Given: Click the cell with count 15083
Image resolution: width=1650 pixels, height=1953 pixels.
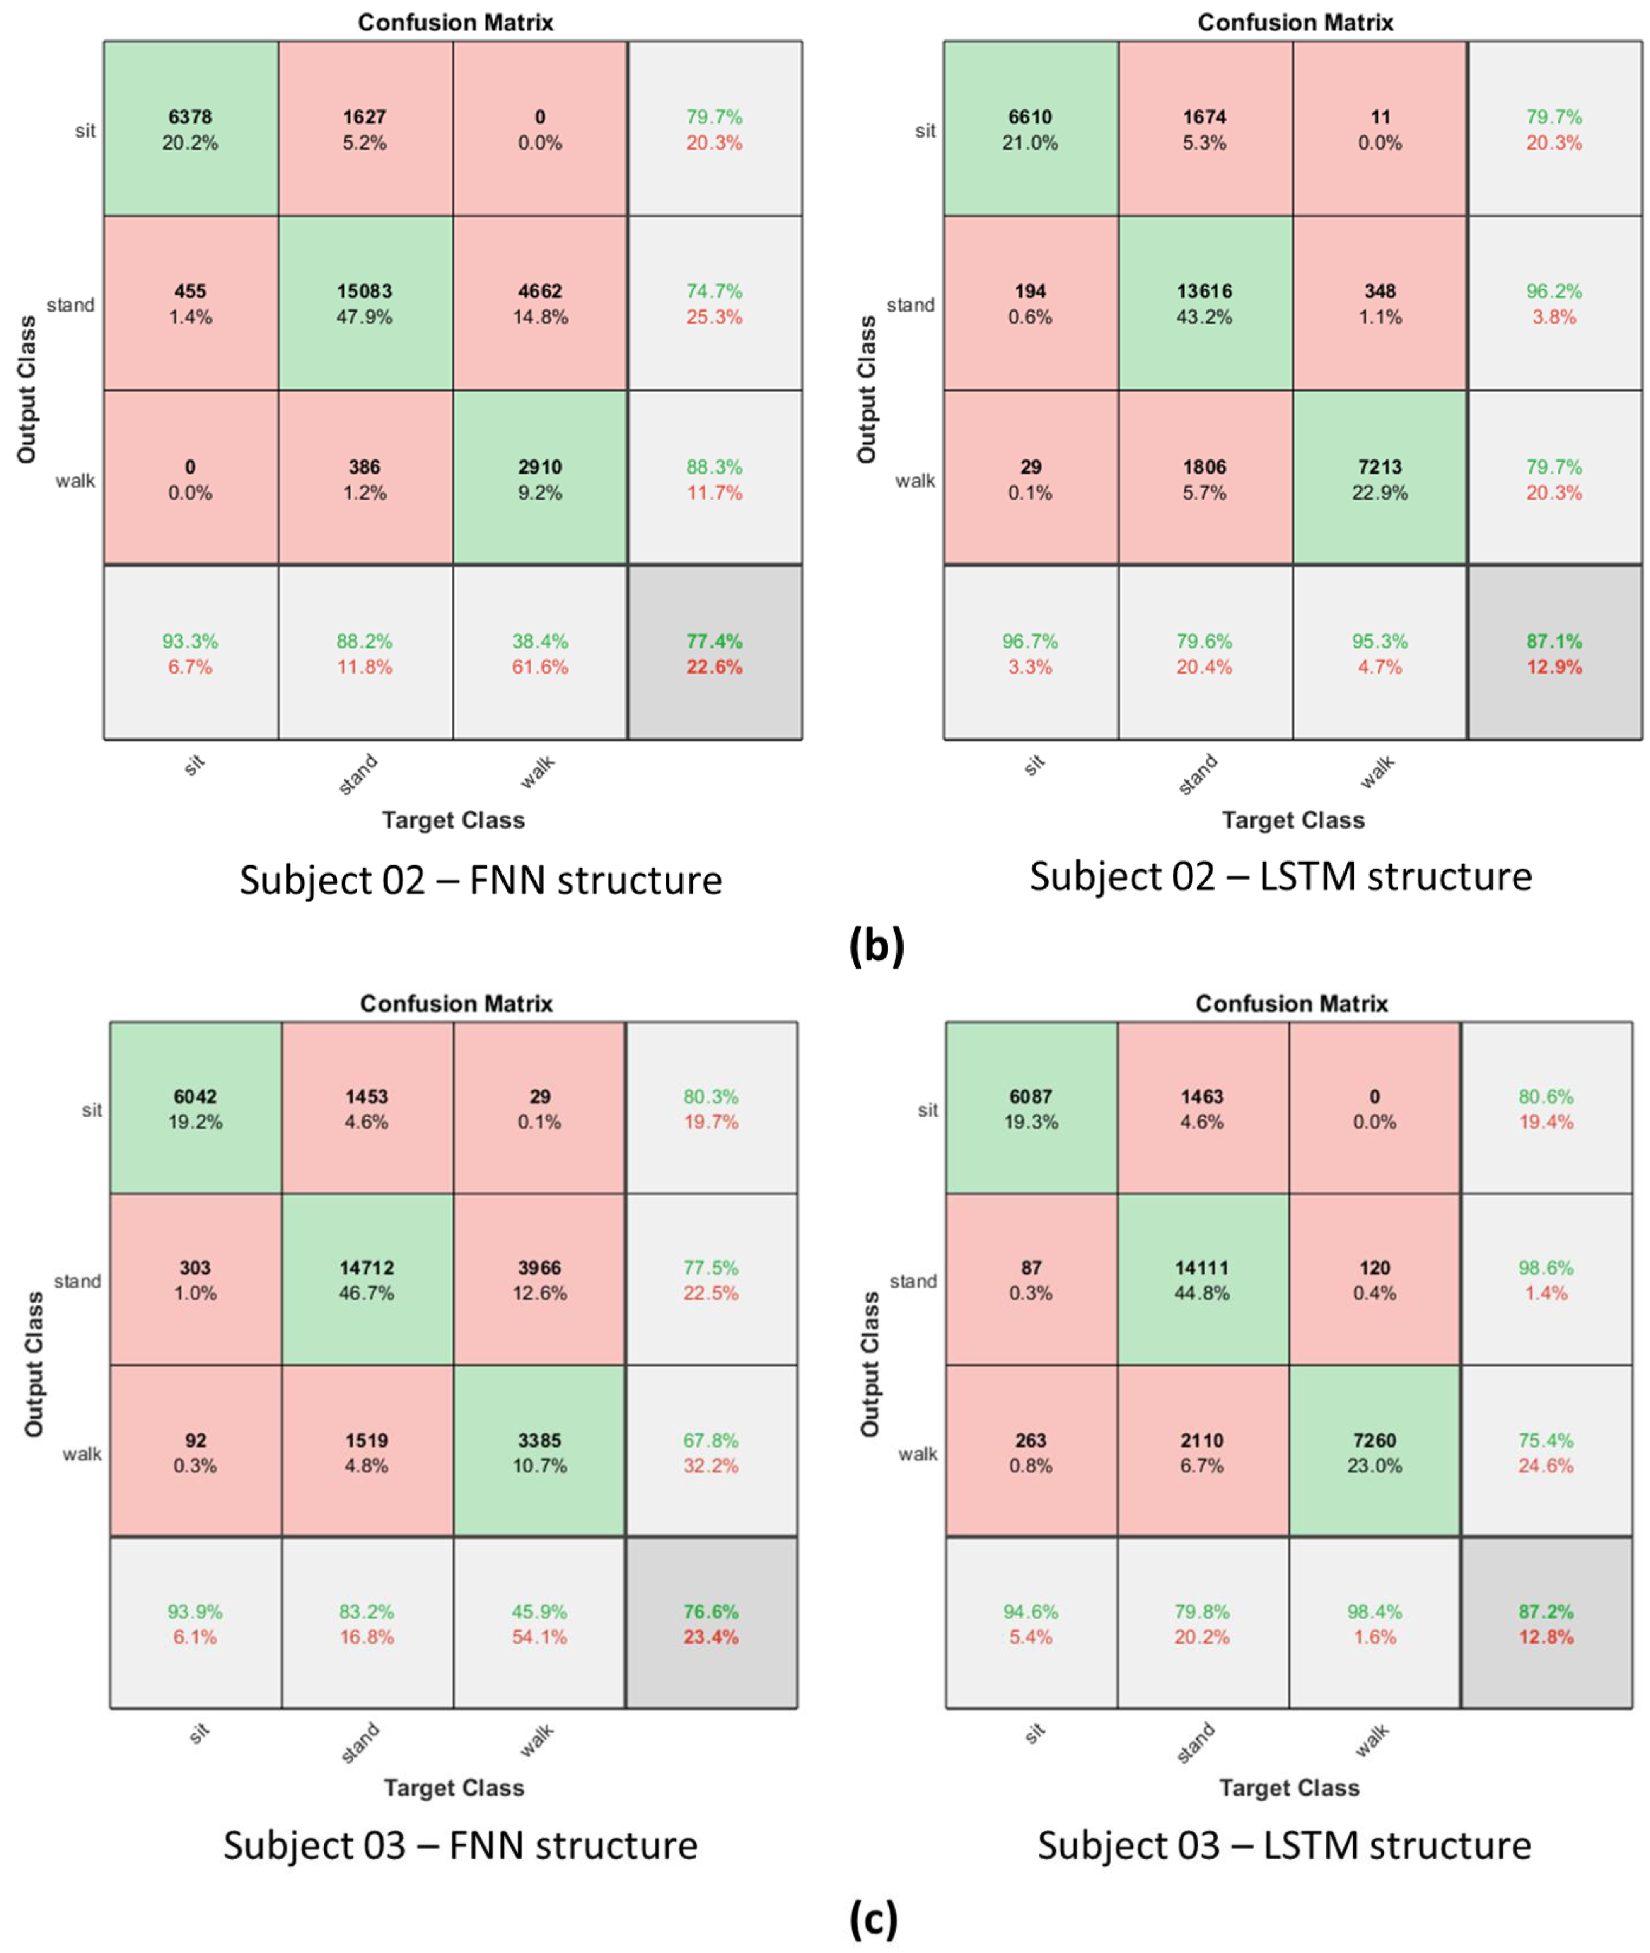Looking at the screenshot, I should click(x=365, y=303).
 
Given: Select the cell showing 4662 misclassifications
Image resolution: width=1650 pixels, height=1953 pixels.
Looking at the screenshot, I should click(x=540, y=303).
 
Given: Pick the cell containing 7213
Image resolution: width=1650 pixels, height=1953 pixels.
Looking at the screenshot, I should click(x=1379, y=478).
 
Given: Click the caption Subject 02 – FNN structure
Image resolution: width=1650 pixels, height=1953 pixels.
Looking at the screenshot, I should click(x=481, y=880).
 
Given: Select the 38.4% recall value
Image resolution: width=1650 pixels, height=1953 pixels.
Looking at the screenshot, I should click(x=540, y=642).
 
